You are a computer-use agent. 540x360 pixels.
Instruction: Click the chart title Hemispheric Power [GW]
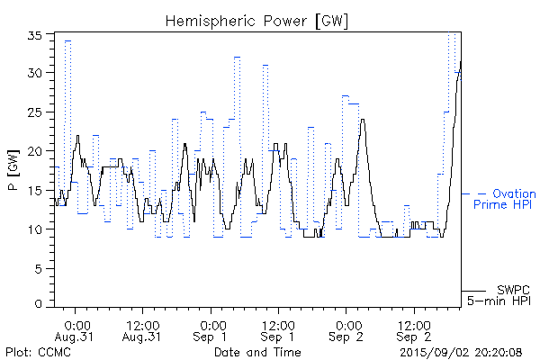pos(257,19)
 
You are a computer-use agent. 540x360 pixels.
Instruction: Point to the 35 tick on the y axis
pos(36,36)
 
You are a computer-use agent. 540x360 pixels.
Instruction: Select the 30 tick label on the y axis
pos(36,74)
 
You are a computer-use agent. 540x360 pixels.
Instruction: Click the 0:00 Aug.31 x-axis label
pos(76,330)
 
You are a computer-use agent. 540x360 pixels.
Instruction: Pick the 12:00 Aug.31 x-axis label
pos(143,330)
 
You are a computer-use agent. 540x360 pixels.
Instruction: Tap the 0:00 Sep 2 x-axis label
pos(346,330)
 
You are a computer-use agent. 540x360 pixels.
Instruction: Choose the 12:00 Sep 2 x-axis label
pos(413,330)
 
